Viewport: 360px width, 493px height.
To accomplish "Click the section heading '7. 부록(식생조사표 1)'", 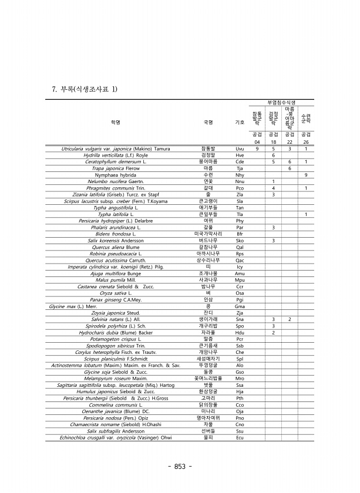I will click(x=85, y=89).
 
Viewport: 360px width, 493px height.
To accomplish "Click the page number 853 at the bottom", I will click(x=180, y=467).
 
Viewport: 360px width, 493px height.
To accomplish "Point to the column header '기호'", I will click(x=240, y=123).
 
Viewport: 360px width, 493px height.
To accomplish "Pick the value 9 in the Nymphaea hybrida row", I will click(x=306, y=174).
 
